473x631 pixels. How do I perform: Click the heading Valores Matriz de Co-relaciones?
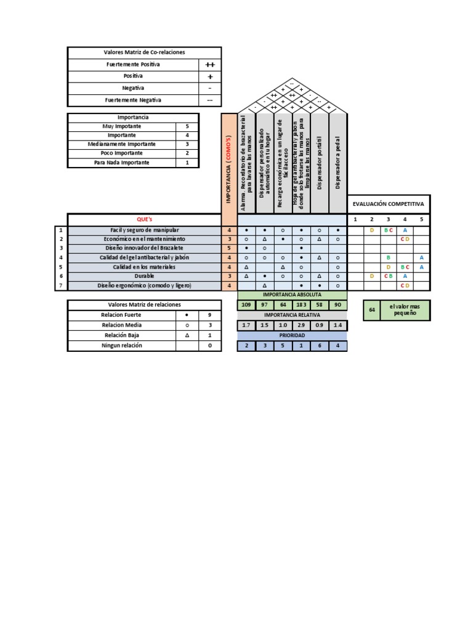(144, 52)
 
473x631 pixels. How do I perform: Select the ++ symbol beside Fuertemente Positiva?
(210, 65)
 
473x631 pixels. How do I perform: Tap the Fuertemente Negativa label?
(133, 100)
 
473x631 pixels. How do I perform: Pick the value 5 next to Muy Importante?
(187, 126)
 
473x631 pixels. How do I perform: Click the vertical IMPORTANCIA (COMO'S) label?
(228, 163)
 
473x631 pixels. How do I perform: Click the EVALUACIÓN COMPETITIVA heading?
(388, 203)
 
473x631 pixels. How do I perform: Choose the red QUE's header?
(144, 219)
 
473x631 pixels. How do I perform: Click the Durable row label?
(144, 277)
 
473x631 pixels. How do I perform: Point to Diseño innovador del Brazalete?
(144, 248)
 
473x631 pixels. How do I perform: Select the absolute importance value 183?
(301, 305)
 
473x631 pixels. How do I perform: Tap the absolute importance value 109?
(246, 305)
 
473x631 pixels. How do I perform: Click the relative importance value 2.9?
(301, 325)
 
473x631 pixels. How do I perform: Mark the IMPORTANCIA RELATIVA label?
(292, 315)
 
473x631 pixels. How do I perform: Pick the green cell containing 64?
(372, 310)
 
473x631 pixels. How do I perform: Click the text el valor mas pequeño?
(404, 310)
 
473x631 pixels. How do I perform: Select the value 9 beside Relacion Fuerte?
(210, 315)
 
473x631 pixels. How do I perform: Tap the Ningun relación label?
(121, 346)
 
